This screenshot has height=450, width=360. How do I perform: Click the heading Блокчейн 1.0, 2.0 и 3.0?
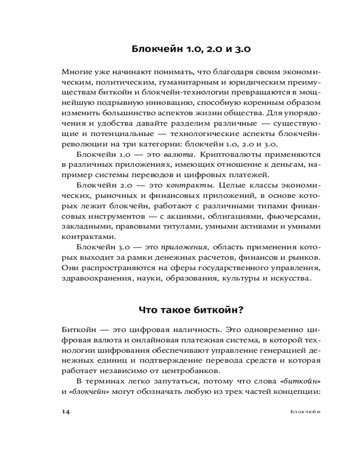(194, 49)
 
